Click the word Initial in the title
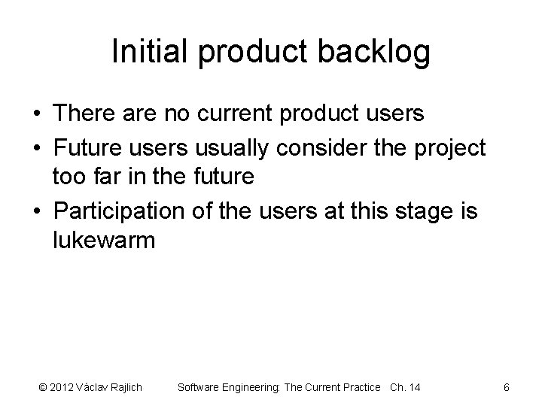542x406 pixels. (x=146, y=52)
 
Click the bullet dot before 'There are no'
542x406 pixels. (x=36, y=114)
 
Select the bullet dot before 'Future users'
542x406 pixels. (x=36, y=147)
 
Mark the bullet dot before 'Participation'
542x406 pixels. (x=36, y=213)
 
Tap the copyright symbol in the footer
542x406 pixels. (x=41, y=388)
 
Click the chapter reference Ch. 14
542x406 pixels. (x=405, y=388)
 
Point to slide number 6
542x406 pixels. (x=507, y=388)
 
